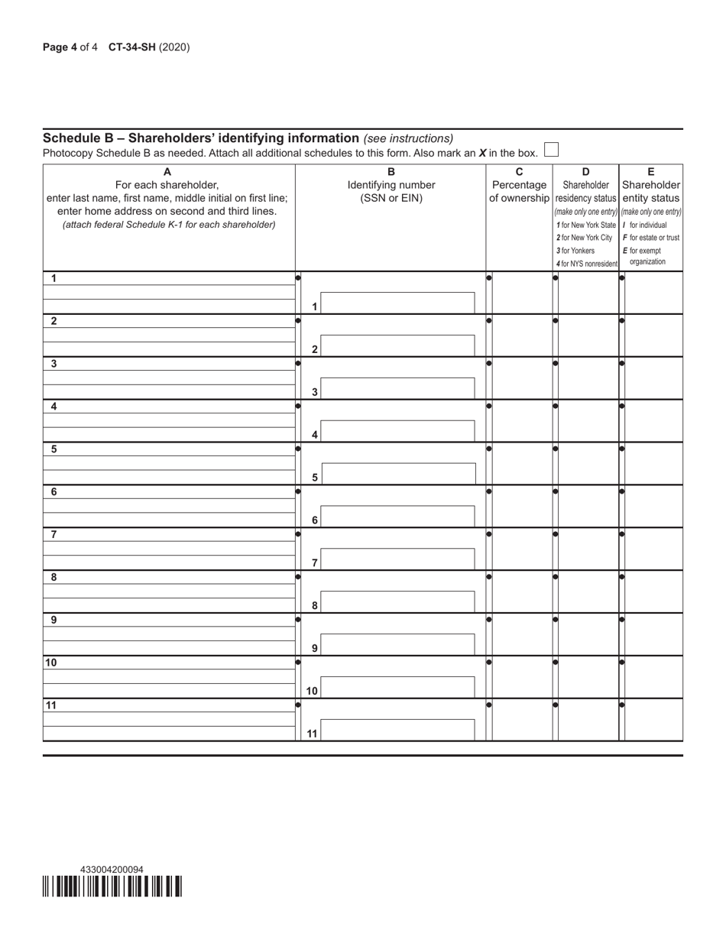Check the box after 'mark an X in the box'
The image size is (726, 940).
pyautogui.click(x=551, y=150)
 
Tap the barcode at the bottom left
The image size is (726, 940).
pyautogui.click(x=112, y=887)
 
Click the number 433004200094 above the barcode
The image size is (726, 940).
pyautogui.click(x=112, y=870)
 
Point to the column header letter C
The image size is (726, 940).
pyautogui.click(x=519, y=172)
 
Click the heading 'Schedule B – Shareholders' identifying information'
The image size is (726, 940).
pyautogui.click(x=201, y=138)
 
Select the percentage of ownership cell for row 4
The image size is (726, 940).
pyautogui.click(x=522, y=420)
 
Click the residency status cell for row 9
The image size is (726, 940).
pyautogui.click(x=588, y=634)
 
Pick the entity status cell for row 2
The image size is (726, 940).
pyautogui.click(x=653, y=335)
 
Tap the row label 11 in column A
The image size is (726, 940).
pyautogui.click(x=51, y=705)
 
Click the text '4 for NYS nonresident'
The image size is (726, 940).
pyautogui.click(x=586, y=264)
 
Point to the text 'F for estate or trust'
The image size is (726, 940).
pyautogui.click(x=651, y=238)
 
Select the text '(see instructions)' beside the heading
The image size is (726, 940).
pyautogui.click(x=408, y=138)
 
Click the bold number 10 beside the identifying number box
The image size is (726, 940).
pyautogui.click(x=312, y=691)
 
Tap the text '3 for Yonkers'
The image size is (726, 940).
pyautogui.click(x=575, y=251)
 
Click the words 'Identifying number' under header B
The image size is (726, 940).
pyautogui.click(x=391, y=185)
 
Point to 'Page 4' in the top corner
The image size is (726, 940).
pyautogui.click(x=60, y=47)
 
